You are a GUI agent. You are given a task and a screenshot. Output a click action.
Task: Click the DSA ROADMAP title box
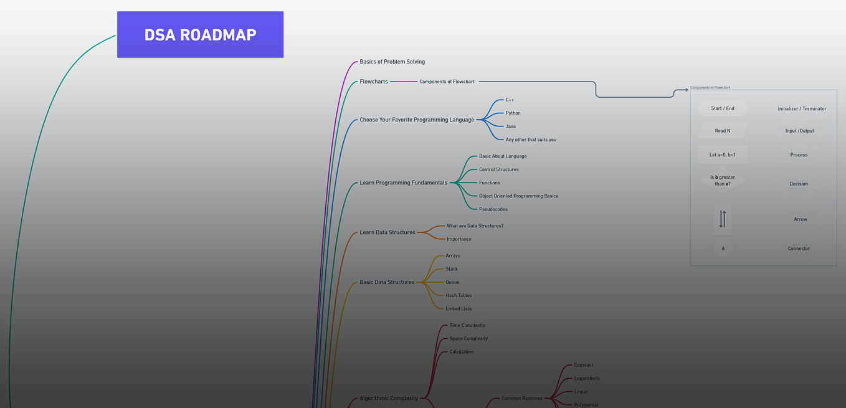coord(200,35)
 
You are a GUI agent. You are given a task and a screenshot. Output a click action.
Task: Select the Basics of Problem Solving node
coord(392,62)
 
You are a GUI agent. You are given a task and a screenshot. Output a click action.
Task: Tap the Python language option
coord(513,113)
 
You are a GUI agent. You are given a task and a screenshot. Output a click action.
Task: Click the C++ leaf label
coord(510,100)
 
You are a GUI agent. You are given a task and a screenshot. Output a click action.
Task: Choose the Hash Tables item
coord(459,295)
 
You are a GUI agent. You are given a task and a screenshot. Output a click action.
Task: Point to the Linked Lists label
coord(459,309)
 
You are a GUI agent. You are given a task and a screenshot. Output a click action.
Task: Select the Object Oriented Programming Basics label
coord(518,196)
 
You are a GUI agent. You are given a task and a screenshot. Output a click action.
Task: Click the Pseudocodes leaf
coord(493,209)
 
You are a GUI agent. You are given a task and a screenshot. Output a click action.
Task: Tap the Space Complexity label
coord(468,339)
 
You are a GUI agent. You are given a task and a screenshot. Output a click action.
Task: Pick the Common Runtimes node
coord(522,398)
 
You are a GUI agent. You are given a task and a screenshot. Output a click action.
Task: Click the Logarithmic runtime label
coord(587,379)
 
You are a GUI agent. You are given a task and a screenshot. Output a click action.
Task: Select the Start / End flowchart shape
coord(723,108)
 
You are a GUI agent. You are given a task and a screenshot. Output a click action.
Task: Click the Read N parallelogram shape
coord(723,131)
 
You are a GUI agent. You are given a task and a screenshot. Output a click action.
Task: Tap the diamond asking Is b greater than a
coord(723,181)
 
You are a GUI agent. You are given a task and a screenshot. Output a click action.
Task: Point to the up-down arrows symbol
coord(723,219)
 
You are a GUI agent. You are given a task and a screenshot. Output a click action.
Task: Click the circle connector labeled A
coord(723,249)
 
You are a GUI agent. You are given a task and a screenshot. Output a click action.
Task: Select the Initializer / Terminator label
coord(802,109)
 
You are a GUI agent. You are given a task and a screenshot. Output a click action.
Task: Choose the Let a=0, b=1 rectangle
coord(723,154)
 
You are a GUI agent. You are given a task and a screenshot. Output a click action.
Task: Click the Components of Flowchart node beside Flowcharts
coord(447,82)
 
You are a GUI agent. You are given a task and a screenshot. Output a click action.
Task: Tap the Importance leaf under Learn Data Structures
coord(459,239)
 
